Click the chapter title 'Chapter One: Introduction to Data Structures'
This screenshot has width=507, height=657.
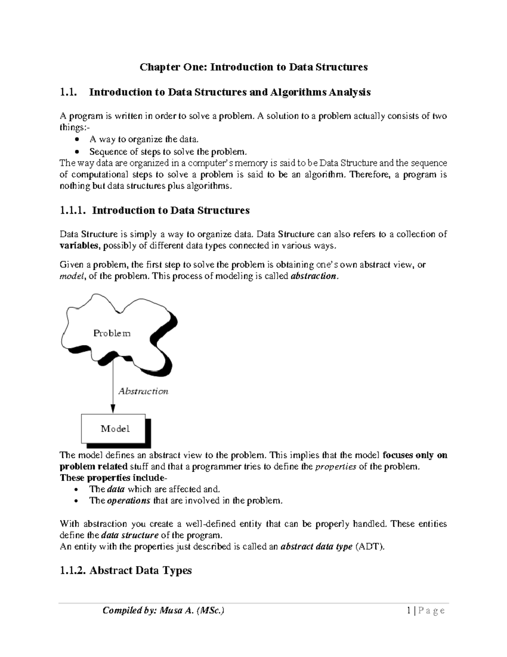pos(253,67)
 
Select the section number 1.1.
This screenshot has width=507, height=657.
pos(69,92)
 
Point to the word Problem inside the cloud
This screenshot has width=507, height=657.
pos(112,333)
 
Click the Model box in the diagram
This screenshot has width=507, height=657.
pos(114,429)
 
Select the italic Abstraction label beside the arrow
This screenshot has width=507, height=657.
pos(143,391)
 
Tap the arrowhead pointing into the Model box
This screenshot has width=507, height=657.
pos(113,408)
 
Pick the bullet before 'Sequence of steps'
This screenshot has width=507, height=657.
pos(76,152)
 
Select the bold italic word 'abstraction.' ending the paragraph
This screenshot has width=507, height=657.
pos(315,277)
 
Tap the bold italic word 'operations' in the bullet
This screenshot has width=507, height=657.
pos(128,501)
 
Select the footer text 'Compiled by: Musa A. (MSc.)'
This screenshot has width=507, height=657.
pos(163,610)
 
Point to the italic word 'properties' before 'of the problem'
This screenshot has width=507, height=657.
pos(336,467)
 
